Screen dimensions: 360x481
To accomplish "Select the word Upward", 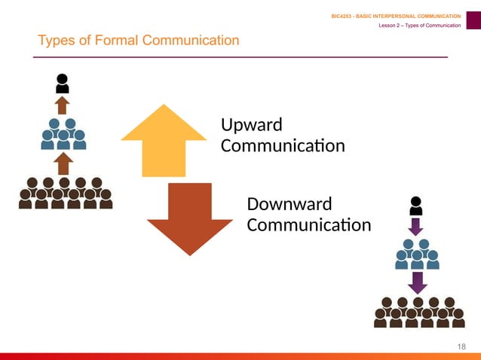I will point(252,124).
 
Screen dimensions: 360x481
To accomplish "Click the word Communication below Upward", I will point(283,145).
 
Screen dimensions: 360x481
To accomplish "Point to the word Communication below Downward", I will point(309,224).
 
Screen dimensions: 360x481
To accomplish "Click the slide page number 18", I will point(462,346).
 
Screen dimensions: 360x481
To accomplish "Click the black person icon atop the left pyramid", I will point(63,83).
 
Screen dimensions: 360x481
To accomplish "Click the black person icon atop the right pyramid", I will point(415,206).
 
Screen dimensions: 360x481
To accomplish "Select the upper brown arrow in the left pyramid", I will point(63,104).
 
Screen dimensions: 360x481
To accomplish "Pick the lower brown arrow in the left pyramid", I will point(63,163).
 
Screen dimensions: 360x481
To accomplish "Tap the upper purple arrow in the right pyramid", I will point(415,226).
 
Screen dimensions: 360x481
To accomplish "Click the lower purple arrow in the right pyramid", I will point(416,282).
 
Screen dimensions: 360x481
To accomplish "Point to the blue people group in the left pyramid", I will point(63,133).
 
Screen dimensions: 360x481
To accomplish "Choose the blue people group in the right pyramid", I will point(416,255).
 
